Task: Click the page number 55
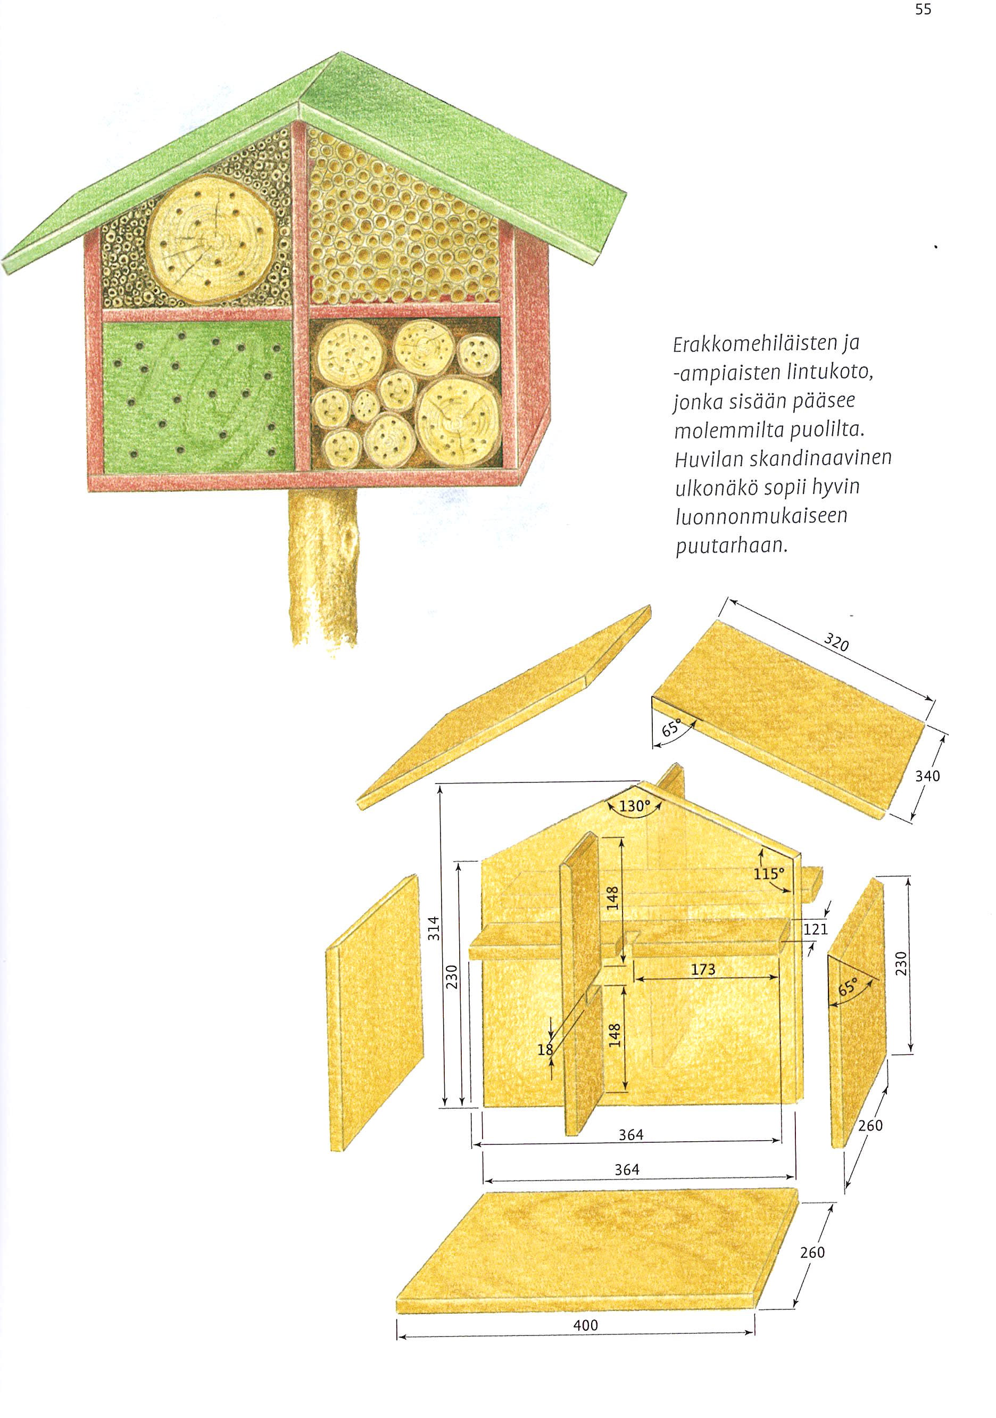click(x=923, y=10)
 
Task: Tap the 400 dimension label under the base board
click(x=585, y=1325)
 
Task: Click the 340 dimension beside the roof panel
click(x=927, y=776)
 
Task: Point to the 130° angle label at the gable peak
click(x=635, y=806)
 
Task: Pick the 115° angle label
click(x=769, y=873)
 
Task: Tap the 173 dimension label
click(x=703, y=970)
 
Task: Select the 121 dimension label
click(x=815, y=929)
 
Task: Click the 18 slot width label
click(x=545, y=1049)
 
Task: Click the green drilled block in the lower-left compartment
click(x=197, y=398)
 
